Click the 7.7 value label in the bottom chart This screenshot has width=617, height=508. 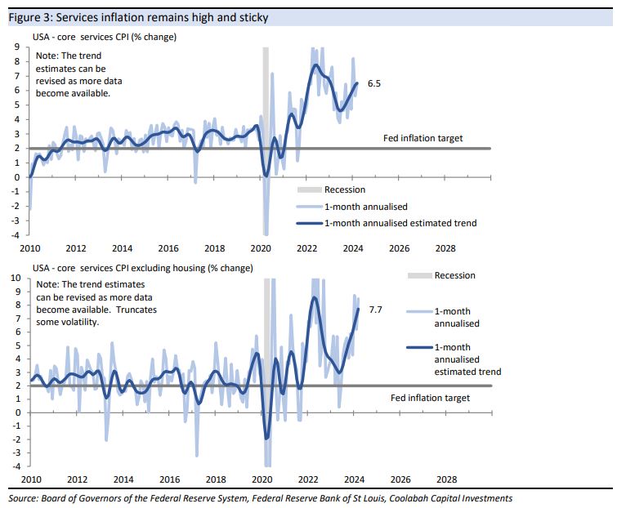377,310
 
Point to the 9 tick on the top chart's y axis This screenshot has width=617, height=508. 16,47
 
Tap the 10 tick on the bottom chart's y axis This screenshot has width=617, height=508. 15,279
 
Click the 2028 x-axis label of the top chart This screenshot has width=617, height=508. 446,248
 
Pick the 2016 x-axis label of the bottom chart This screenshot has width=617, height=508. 168,480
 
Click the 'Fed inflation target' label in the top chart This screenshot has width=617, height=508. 423,138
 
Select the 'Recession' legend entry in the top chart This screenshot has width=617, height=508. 344,189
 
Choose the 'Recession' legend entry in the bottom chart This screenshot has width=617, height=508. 454,275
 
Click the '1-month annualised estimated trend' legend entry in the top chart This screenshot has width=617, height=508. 400,222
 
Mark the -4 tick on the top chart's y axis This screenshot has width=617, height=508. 16,235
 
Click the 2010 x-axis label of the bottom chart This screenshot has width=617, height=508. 30,480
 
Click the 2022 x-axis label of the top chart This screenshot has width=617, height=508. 307,248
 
